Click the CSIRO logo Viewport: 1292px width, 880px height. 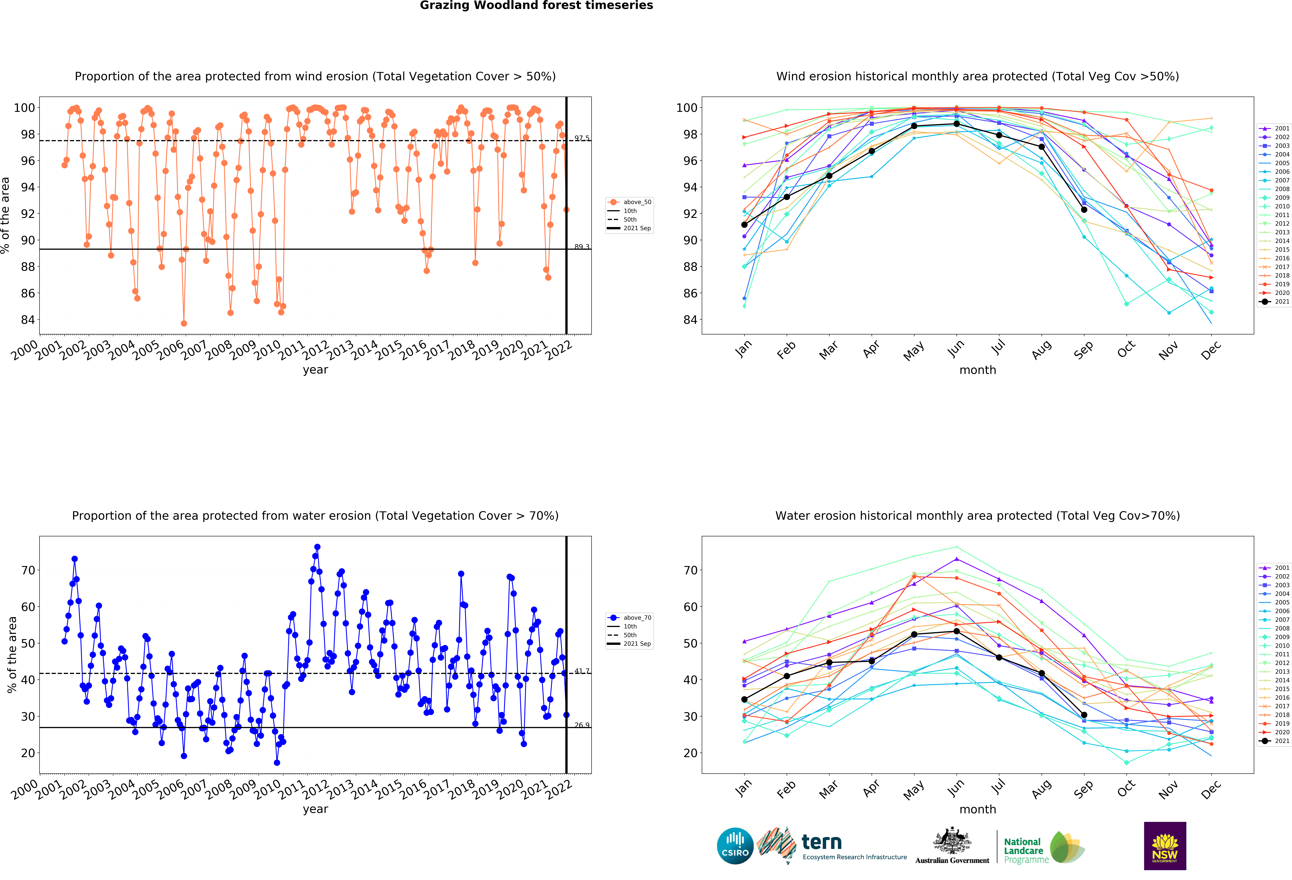(735, 846)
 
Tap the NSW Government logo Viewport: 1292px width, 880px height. (1165, 846)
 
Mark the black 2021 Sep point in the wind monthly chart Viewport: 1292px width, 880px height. (1084, 209)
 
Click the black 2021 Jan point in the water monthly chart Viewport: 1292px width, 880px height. (744, 699)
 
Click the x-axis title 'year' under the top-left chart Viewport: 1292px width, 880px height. (315, 370)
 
